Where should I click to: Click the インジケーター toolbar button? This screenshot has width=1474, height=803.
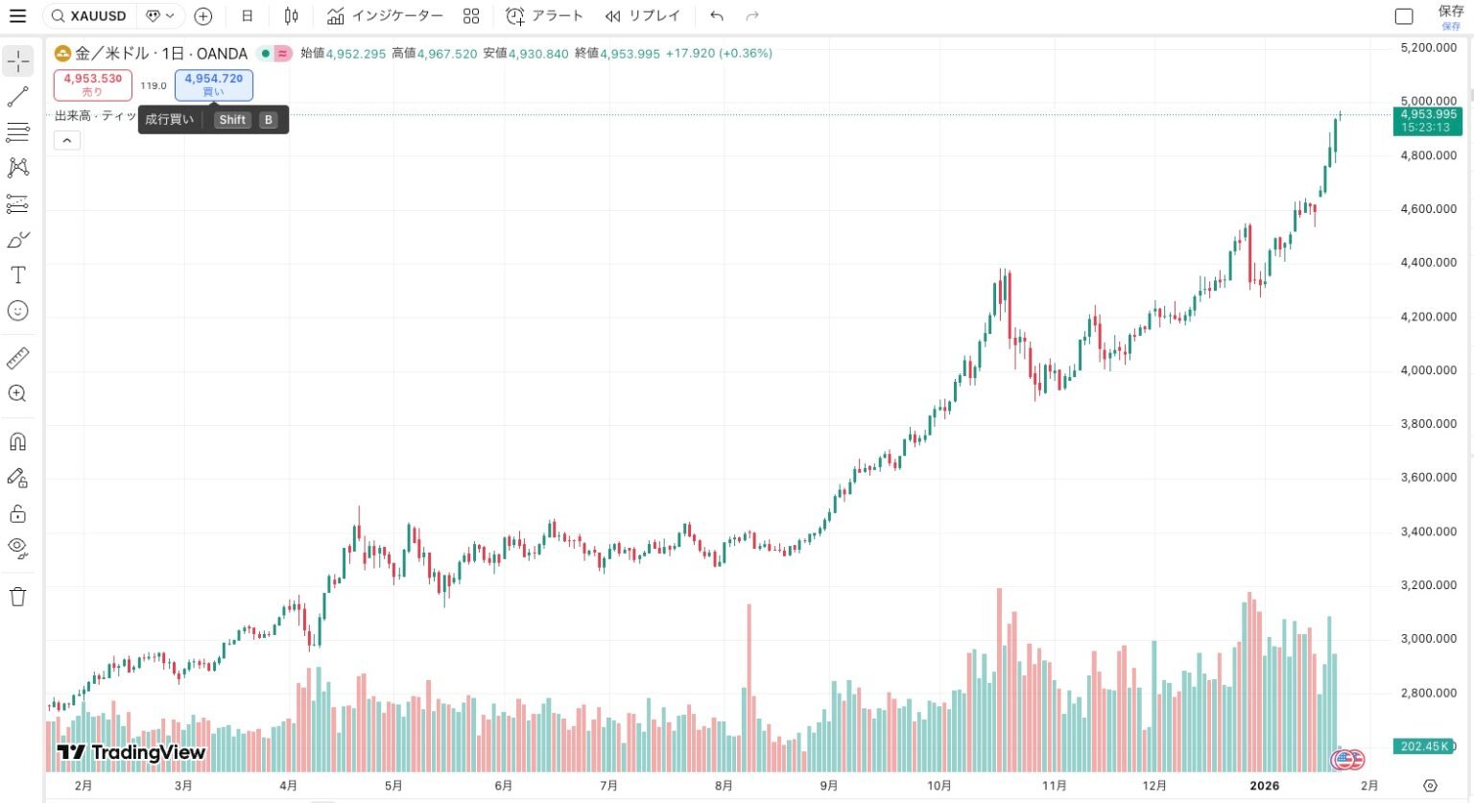[x=385, y=15]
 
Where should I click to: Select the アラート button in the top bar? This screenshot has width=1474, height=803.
[x=545, y=15]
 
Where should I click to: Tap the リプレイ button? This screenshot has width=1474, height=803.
[x=642, y=15]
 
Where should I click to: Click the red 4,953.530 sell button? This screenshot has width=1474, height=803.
[x=93, y=84]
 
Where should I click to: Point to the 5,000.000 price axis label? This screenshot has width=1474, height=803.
[x=1428, y=101]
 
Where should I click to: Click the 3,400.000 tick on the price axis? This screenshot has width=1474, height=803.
[x=1428, y=531]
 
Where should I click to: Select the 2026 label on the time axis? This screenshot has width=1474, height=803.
[x=1264, y=786]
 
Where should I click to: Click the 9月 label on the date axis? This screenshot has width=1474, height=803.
[x=829, y=786]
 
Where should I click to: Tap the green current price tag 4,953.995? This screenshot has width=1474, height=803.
[x=1427, y=120]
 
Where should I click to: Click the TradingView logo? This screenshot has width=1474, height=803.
[x=131, y=752]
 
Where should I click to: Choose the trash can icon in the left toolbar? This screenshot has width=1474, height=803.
[x=17, y=597]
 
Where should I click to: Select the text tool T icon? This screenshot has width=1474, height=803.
[x=17, y=275]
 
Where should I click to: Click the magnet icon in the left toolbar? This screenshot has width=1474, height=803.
[x=17, y=441]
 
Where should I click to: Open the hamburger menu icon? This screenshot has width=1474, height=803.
[x=17, y=15]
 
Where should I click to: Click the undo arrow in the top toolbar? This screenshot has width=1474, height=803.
[x=717, y=15]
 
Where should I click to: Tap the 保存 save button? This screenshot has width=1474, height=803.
[x=1450, y=15]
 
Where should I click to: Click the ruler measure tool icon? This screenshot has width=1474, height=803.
[x=17, y=358]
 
